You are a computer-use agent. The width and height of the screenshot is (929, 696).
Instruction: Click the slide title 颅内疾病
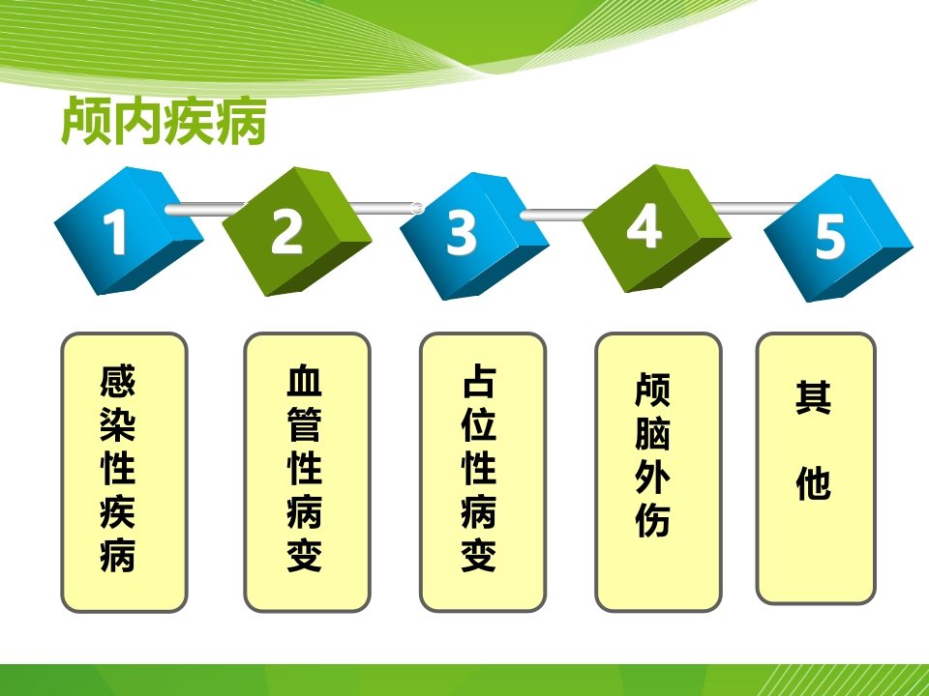pyautogui.click(x=164, y=122)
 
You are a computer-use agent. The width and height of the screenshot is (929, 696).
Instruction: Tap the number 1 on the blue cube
pyautogui.click(x=115, y=233)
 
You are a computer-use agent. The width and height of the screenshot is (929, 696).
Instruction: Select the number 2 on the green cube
pyautogui.click(x=286, y=231)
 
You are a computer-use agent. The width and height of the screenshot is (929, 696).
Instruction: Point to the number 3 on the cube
pyautogui.click(x=461, y=233)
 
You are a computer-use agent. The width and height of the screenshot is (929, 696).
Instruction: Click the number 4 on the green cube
pyautogui.click(x=644, y=225)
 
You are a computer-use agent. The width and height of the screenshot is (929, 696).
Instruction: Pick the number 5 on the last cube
pyautogui.click(x=830, y=236)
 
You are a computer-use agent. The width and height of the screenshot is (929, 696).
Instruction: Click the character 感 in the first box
pyautogui.click(x=117, y=381)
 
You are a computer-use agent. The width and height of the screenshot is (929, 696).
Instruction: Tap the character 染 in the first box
pyautogui.click(x=117, y=423)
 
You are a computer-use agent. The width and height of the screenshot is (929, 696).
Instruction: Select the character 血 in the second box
pyautogui.click(x=304, y=381)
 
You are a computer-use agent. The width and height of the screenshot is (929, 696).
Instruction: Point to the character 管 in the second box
pyautogui.click(x=304, y=423)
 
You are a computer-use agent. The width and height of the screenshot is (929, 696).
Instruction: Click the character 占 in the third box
pyautogui.click(x=479, y=381)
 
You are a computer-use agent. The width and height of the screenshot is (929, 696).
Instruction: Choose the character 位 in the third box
pyautogui.click(x=479, y=423)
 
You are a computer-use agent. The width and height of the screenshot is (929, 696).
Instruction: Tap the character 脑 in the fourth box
pyautogui.click(x=652, y=433)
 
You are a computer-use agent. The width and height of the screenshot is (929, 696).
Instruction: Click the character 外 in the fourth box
pyautogui.click(x=652, y=477)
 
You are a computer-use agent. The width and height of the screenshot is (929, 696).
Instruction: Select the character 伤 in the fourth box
pyautogui.click(x=652, y=520)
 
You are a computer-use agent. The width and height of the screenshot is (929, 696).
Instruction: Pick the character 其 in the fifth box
pyautogui.click(x=814, y=396)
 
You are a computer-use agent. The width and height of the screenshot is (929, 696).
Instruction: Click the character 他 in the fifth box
pyautogui.click(x=814, y=483)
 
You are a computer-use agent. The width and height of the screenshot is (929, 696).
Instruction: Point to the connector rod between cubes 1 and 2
pyautogui.click(x=204, y=210)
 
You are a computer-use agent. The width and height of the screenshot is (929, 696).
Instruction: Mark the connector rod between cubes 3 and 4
pyautogui.click(x=558, y=215)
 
